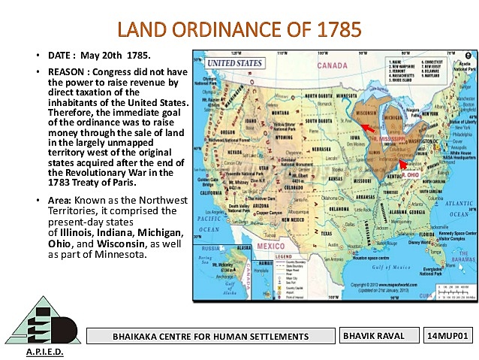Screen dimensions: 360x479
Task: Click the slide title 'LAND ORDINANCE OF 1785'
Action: coord(239,29)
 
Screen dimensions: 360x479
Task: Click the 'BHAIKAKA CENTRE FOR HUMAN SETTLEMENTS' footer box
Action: coord(210,336)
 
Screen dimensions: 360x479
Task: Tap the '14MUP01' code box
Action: coord(448,335)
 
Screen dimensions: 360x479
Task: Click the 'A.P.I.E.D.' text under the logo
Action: coord(45,352)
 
